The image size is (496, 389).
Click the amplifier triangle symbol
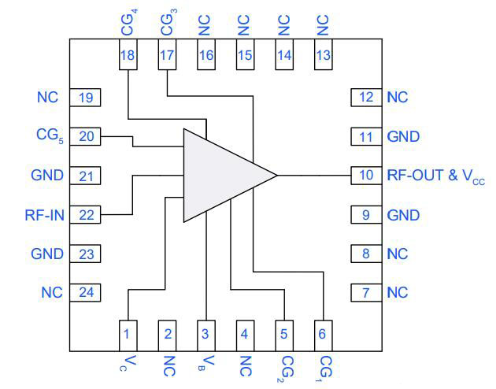224,174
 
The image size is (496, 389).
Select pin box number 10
365,175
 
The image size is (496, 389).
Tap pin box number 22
86,214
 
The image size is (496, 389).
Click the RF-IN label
44,214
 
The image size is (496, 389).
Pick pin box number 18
127,55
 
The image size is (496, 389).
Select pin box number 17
167,55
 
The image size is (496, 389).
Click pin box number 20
86,135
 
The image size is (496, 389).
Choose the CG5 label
49,136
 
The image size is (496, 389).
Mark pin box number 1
127,333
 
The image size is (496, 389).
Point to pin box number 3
205,333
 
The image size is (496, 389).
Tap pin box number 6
322,333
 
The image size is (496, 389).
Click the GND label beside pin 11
403,136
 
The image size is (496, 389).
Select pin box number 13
322,55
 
